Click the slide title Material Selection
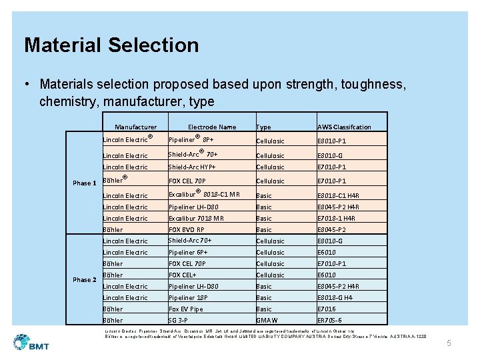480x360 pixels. (x=111, y=45)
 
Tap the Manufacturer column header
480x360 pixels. (x=135, y=127)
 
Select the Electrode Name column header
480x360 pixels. (x=212, y=127)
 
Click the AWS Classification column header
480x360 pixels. (x=344, y=127)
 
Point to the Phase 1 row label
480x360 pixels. (x=85, y=183)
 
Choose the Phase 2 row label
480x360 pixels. (x=85, y=280)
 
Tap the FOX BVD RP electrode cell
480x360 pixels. (x=187, y=230)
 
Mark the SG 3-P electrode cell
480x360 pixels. (x=178, y=321)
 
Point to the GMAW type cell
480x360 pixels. (x=268, y=321)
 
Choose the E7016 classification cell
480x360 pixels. (x=327, y=309)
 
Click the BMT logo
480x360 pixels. (x=31, y=343)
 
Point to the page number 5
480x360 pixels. (x=449, y=343)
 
